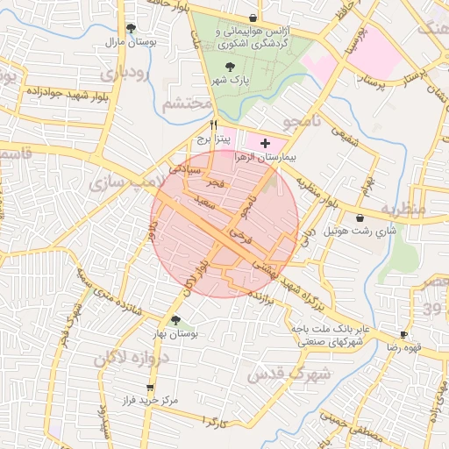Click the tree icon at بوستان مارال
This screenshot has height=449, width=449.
pyautogui.click(x=132, y=28)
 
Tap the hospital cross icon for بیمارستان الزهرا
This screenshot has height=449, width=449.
pyautogui.click(x=266, y=141)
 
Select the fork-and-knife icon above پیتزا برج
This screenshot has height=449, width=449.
pyautogui.click(x=213, y=125)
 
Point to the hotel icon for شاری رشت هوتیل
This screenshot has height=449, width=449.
pyautogui.click(x=360, y=217)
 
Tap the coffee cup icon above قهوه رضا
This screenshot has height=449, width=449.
pyautogui.click(x=403, y=334)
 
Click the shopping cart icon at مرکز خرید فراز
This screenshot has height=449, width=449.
pyautogui.click(x=149, y=387)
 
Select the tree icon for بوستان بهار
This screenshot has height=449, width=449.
pyautogui.click(x=175, y=320)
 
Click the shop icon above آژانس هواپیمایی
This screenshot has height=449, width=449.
pyautogui.click(x=253, y=18)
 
